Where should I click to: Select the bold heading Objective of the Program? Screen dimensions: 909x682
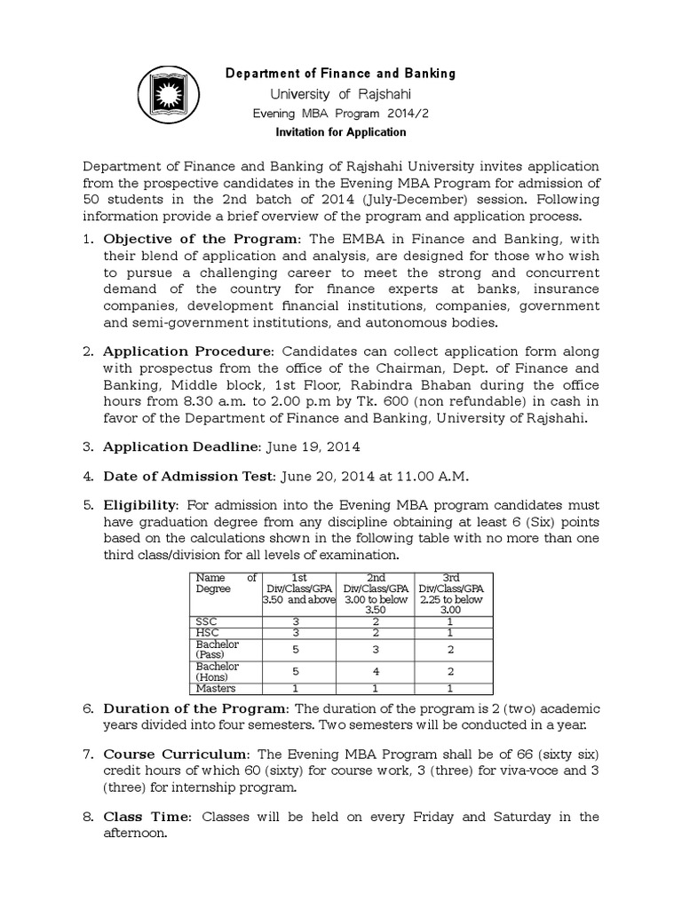click(202, 239)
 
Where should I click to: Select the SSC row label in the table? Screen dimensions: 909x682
click(205, 621)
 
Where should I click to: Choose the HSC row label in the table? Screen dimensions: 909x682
click(206, 633)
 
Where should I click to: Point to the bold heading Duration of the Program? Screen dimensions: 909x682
click(195, 708)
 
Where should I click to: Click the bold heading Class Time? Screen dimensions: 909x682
click(145, 817)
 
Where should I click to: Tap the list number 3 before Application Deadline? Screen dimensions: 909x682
click(88, 447)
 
